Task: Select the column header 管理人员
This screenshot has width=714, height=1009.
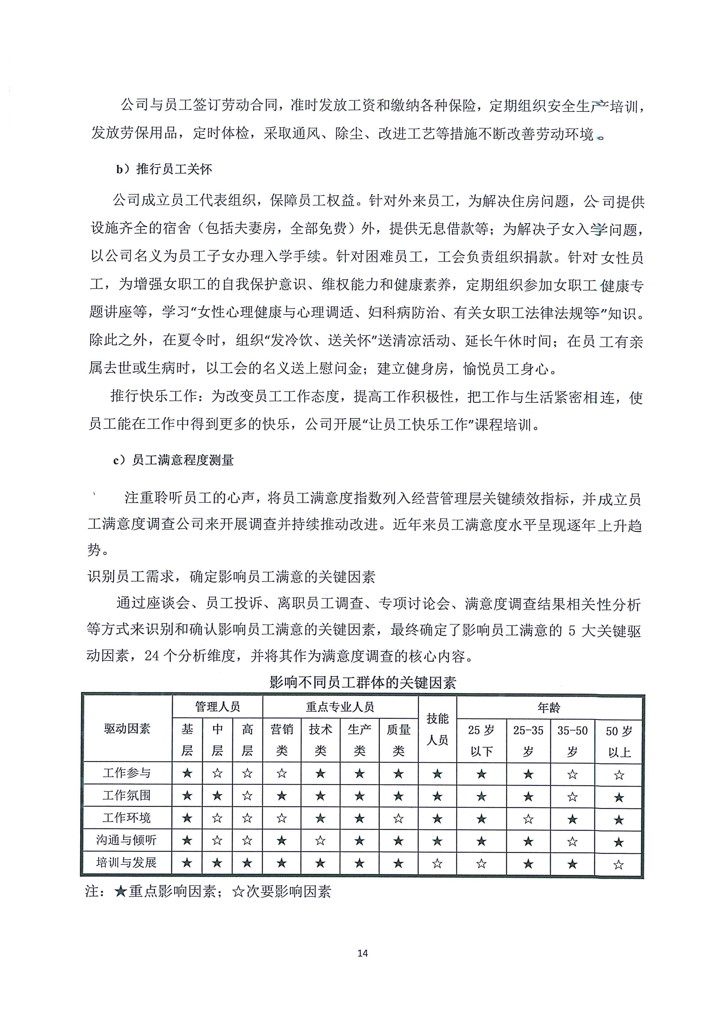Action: (x=217, y=707)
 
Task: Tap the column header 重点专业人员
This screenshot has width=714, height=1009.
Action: (x=340, y=707)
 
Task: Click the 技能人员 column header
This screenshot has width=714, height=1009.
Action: (x=437, y=729)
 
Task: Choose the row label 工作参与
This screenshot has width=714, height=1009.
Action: (x=127, y=773)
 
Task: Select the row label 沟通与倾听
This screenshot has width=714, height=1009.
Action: (x=127, y=840)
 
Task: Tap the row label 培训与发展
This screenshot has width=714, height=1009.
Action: (x=127, y=863)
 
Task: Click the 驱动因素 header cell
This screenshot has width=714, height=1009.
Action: (x=127, y=729)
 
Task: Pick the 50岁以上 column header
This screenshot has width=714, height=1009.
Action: (x=619, y=741)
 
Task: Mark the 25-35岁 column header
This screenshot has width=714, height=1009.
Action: (x=528, y=741)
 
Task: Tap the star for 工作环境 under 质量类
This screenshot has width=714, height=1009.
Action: (x=398, y=818)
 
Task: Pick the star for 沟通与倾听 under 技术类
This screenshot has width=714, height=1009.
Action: (x=320, y=841)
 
